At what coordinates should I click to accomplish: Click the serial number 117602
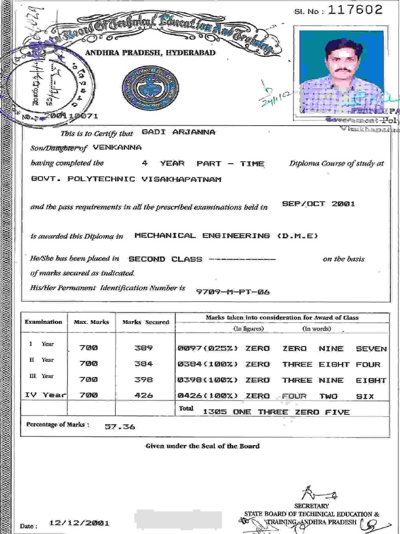tap(352, 9)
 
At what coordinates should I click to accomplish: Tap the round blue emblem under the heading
tap(149, 87)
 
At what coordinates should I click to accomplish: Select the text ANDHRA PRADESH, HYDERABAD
tap(151, 53)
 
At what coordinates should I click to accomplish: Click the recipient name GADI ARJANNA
tap(178, 132)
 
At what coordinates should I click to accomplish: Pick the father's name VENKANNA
tap(117, 148)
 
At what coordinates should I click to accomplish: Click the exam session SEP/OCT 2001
tap(318, 204)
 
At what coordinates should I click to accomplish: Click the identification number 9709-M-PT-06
tap(233, 292)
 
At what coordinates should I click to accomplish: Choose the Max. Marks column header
tap(91, 322)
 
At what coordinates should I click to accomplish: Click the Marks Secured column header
tap(146, 322)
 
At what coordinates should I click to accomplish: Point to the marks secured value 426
tap(143, 396)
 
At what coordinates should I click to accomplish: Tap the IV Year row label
tap(45, 395)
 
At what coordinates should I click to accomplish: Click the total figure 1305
tap(214, 412)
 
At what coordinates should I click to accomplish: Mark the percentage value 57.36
tap(120, 427)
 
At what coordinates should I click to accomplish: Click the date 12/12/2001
tap(79, 523)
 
